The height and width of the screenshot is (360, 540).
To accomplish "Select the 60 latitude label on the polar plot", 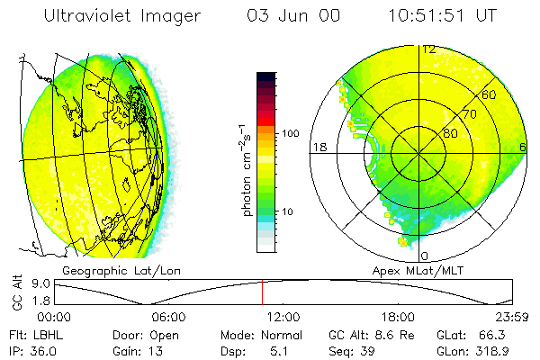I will [490, 94].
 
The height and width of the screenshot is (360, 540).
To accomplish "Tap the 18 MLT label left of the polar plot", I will [318, 147].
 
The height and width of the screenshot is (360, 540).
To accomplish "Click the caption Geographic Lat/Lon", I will [107, 270].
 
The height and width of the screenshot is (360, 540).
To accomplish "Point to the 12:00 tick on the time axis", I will [283, 317].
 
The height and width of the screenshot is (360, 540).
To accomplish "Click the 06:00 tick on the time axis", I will [169, 317].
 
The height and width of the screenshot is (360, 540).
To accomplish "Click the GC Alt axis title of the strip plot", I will [17, 292].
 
